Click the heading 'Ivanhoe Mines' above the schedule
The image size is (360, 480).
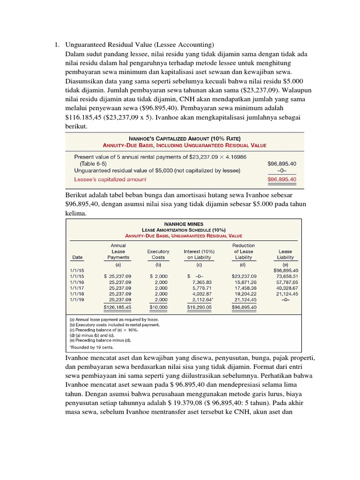(183, 224)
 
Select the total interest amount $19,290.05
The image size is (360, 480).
(200, 307)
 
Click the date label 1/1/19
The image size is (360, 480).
(78, 299)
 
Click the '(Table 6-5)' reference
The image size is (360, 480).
(93, 164)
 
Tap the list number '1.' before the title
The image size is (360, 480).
(56, 45)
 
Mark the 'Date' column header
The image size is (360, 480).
(77, 257)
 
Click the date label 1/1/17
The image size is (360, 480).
(78, 288)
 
